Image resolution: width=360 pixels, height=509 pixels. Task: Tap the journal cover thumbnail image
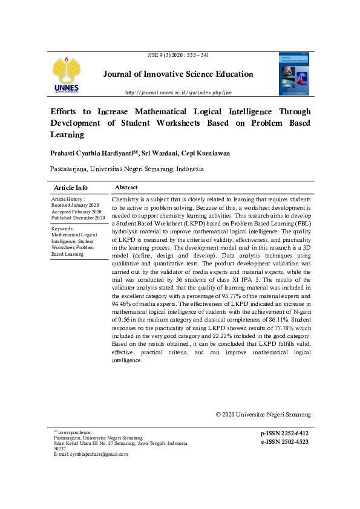293,74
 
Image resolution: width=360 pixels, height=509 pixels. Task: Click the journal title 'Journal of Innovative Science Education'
178,74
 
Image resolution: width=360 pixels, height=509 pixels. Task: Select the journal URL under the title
178,92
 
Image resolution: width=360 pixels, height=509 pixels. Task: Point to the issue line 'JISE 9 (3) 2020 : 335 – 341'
178,55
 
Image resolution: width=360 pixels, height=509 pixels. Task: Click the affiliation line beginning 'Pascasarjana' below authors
126,170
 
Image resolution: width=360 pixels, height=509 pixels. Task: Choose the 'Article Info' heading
71,188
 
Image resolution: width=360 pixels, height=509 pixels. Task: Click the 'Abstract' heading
126,188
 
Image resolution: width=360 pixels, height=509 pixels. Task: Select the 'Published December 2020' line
79,218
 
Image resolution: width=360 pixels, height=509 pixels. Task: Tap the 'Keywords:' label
62,229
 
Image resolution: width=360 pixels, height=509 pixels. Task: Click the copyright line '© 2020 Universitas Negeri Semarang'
263,415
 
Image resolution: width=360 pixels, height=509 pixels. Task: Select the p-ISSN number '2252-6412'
293,434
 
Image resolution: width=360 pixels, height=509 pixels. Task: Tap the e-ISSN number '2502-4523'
293,442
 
